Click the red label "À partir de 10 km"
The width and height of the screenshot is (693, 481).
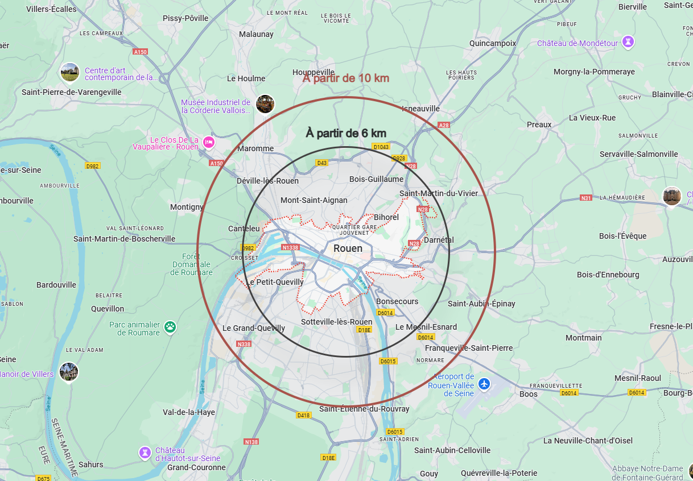pos(346,78)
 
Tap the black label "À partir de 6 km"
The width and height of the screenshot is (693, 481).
pos(346,133)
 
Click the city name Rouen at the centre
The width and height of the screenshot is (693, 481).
pos(348,248)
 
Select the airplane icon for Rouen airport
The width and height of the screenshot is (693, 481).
pos(484,384)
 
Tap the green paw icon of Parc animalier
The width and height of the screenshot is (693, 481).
pos(170,326)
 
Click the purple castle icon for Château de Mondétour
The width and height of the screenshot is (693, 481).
pos(628,42)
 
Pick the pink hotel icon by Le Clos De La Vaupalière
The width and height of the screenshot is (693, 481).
pos(209,142)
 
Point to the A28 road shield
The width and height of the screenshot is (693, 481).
pos(444,125)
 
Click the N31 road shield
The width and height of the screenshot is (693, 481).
pos(586,198)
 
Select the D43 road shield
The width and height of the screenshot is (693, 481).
pos(322,163)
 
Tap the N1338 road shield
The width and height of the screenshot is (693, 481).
pos(291,247)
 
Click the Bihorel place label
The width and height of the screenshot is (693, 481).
pos(386,217)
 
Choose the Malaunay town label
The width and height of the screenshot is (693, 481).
pos(256,34)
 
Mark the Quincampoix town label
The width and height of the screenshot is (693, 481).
pos(493,43)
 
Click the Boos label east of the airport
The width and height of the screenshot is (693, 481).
pos(529,394)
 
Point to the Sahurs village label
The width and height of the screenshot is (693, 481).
pos(91,465)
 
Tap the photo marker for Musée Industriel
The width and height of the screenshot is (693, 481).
pos(265,103)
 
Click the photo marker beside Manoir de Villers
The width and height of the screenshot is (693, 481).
pos(69,372)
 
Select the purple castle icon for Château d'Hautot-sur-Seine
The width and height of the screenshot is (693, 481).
pos(146,453)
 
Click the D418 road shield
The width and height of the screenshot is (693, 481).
pos(304,415)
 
